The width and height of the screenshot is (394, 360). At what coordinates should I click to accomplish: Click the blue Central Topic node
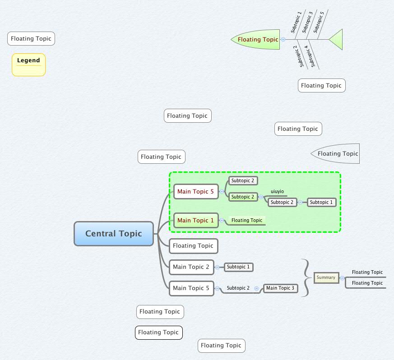(x=114, y=234)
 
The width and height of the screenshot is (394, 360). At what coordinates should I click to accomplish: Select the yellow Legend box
(x=28, y=64)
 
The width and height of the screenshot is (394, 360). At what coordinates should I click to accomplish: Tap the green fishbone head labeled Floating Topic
(x=257, y=39)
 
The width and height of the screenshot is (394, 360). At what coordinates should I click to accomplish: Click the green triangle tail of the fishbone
(x=337, y=40)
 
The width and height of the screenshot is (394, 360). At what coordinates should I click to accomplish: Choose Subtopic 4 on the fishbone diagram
(x=310, y=55)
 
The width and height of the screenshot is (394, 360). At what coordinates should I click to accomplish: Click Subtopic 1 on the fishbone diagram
(x=296, y=23)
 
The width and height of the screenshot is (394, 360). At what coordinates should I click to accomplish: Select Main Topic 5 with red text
(x=195, y=192)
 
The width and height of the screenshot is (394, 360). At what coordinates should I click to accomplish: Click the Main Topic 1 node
(x=195, y=221)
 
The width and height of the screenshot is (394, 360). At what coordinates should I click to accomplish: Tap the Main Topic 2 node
(x=191, y=267)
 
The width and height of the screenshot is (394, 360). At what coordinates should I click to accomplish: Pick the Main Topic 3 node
(x=280, y=288)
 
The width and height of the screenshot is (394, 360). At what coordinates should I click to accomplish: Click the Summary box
(x=326, y=277)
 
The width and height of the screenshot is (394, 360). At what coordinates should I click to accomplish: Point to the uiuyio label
(x=277, y=192)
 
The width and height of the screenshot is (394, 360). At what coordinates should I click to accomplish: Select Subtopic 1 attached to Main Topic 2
(x=238, y=267)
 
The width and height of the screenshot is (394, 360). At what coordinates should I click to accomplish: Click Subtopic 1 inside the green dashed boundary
(x=322, y=203)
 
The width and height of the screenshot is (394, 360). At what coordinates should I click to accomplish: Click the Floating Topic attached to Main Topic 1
(x=246, y=221)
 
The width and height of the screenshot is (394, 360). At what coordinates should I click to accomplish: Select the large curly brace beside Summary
(x=306, y=277)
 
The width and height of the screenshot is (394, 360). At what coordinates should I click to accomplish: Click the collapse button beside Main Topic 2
(x=217, y=267)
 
